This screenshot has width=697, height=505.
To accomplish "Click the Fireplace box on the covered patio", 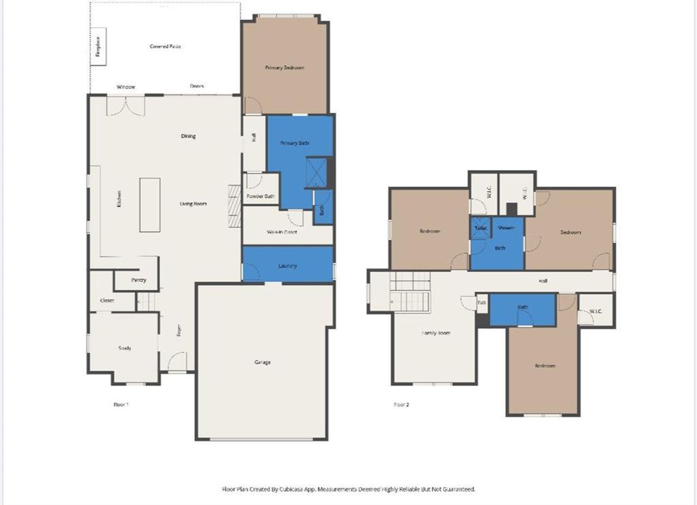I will pos(99,47).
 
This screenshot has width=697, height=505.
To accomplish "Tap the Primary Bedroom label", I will pos(284,68).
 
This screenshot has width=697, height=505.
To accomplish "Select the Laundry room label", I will pos(287,266).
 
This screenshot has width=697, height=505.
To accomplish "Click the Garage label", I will pos(262,362).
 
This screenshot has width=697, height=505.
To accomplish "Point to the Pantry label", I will pos(138,280).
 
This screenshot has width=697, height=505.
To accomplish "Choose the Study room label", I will pos(125,348).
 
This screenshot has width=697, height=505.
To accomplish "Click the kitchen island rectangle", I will pos(150,205).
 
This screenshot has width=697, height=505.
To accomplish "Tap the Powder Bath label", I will pos(260,196).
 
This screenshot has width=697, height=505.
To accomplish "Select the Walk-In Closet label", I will pos(282,232).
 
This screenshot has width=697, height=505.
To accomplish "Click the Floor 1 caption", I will pos(121,404).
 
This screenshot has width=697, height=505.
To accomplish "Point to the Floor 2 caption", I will pos(401,404).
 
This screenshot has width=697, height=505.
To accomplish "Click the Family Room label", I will pos(436,333).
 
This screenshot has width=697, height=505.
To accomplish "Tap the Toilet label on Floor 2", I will pos(480,229).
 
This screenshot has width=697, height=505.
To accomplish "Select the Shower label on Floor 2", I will pos(506,229).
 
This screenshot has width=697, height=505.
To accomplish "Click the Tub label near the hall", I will pos(482,303).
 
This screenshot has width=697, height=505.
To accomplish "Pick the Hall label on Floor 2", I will pos(543,281).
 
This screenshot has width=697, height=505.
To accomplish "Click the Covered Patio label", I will pos(166,47).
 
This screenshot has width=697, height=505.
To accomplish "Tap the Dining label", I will pos(188,137).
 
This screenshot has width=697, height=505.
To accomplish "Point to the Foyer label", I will pos(178,330).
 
